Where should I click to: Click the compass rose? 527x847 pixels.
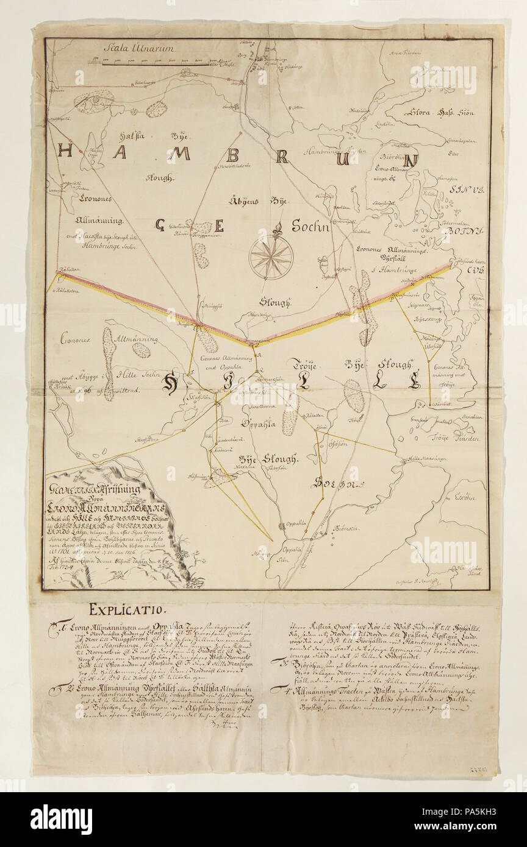[x=271, y=257]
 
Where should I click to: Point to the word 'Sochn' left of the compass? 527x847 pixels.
[x=310, y=227]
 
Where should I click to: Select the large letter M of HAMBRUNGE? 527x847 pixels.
[x=179, y=154]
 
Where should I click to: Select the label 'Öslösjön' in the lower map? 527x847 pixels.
[x=339, y=444]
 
